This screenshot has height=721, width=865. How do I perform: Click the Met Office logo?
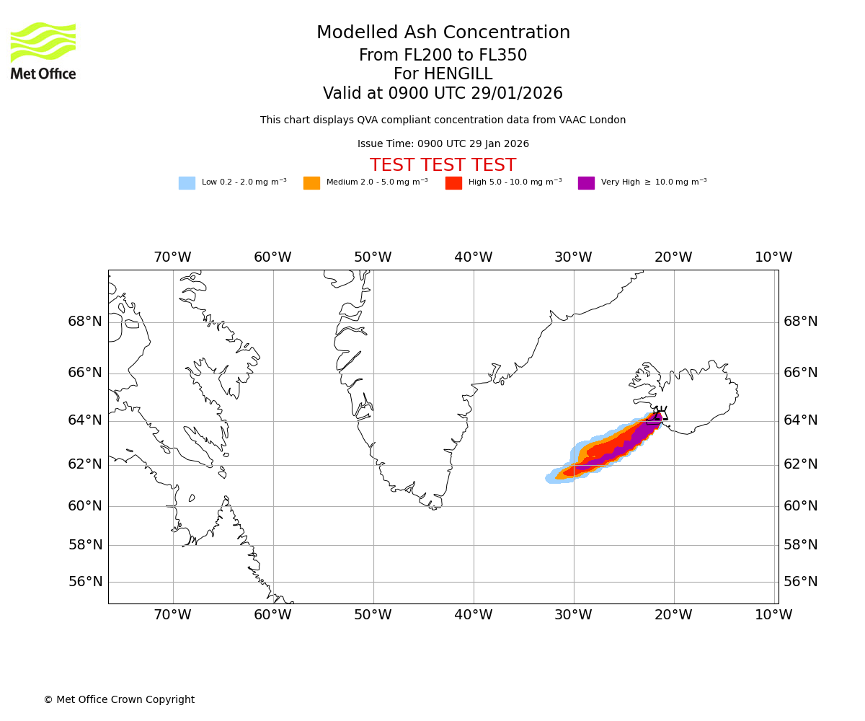(x=43, y=50)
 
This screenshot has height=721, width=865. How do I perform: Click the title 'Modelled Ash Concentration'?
(x=443, y=33)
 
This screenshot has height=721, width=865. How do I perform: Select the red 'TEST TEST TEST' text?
(x=443, y=165)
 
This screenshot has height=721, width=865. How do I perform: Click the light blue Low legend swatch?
(x=187, y=183)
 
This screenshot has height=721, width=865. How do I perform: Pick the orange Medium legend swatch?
(x=311, y=183)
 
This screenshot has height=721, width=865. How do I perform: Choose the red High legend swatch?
(x=453, y=183)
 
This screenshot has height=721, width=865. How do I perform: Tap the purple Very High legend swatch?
(x=586, y=183)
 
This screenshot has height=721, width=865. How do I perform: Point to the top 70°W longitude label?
(x=172, y=257)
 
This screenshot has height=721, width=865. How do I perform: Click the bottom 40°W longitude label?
(x=473, y=615)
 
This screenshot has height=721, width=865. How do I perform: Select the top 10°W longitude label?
(x=773, y=257)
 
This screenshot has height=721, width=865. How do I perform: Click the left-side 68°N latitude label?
(x=85, y=322)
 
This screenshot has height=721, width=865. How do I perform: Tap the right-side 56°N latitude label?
(x=801, y=582)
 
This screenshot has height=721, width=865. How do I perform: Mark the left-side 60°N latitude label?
(x=85, y=506)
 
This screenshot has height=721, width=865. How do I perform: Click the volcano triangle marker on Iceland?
(x=660, y=415)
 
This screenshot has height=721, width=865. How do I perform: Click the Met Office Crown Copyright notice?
(x=119, y=700)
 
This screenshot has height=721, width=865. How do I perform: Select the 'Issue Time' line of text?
(x=443, y=144)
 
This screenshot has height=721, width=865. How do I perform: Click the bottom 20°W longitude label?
(x=673, y=615)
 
